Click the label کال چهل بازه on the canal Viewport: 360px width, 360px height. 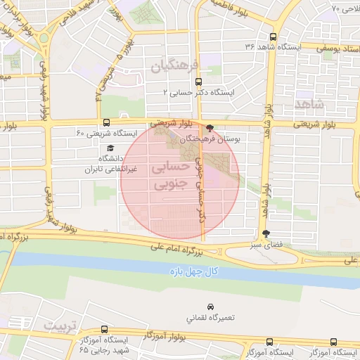coord(215,271)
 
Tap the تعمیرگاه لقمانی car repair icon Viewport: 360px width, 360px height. coord(210,307)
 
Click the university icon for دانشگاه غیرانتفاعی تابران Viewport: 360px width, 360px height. coord(110,148)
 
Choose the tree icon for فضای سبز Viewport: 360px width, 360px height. coord(265,233)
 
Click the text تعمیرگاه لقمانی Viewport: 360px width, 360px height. coord(210,318)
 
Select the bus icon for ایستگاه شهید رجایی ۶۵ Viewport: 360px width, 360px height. coord(105,329)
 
